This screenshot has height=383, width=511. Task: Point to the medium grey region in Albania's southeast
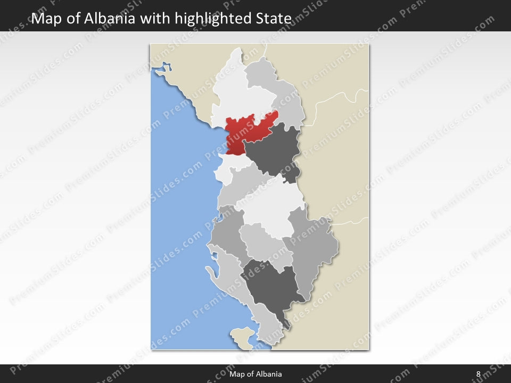pyautogui.click(x=314, y=250)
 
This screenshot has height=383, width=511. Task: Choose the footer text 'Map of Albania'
pyautogui.click(x=256, y=374)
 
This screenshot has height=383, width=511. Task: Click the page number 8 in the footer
pyautogui.click(x=478, y=374)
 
